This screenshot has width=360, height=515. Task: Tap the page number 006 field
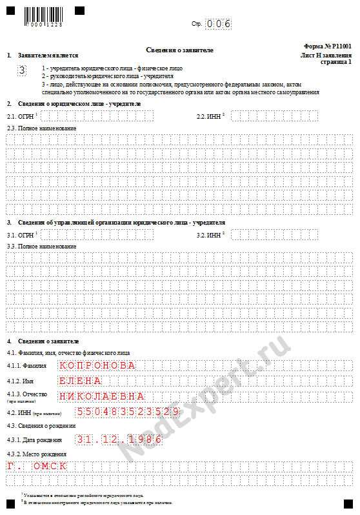[x=219, y=24]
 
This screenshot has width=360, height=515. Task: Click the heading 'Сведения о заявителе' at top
[x=179, y=50]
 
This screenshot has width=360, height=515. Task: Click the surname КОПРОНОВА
[x=97, y=365]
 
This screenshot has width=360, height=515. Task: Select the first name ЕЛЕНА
[x=80, y=381]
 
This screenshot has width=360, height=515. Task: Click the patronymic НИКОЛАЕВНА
[x=102, y=396]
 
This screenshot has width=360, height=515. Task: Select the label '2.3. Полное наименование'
[x=41, y=128]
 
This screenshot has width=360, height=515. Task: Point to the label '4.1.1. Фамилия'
[x=26, y=365]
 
